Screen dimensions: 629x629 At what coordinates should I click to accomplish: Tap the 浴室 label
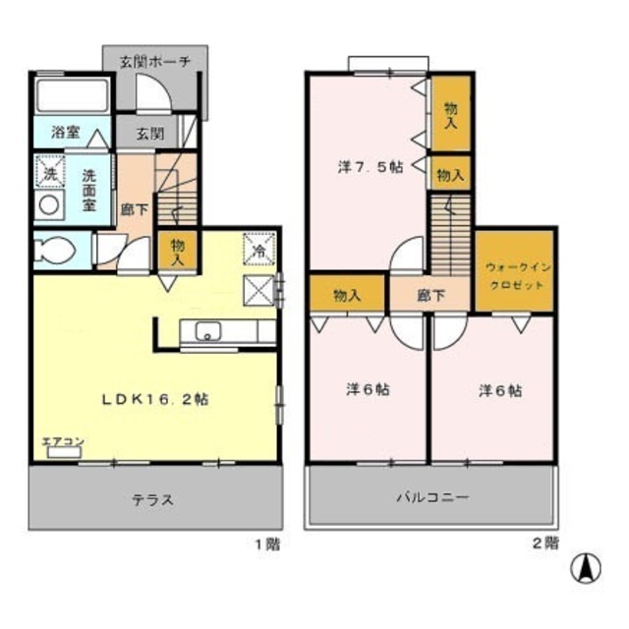[52, 132]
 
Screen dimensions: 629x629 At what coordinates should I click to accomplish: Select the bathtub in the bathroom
[72, 97]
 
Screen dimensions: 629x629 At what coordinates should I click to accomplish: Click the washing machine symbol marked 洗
[47, 170]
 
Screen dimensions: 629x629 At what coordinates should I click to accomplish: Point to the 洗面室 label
[89, 182]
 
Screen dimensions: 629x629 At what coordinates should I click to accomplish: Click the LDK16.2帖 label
[156, 399]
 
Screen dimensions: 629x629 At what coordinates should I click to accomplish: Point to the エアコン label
[60, 441]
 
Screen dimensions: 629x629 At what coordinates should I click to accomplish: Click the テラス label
[153, 499]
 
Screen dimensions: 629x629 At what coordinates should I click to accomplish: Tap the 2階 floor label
[546, 542]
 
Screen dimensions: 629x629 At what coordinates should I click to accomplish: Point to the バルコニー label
[431, 497]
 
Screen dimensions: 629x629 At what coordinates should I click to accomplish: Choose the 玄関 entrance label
[149, 133]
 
